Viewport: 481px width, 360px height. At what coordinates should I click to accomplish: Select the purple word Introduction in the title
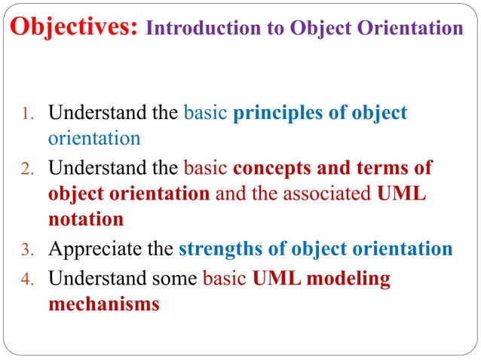(x=188, y=29)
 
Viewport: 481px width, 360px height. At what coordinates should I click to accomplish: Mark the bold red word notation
(x=85, y=220)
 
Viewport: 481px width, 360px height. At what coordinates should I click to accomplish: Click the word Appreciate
(x=92, y=250)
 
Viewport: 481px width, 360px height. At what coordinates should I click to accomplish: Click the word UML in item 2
(x=400, y=194)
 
